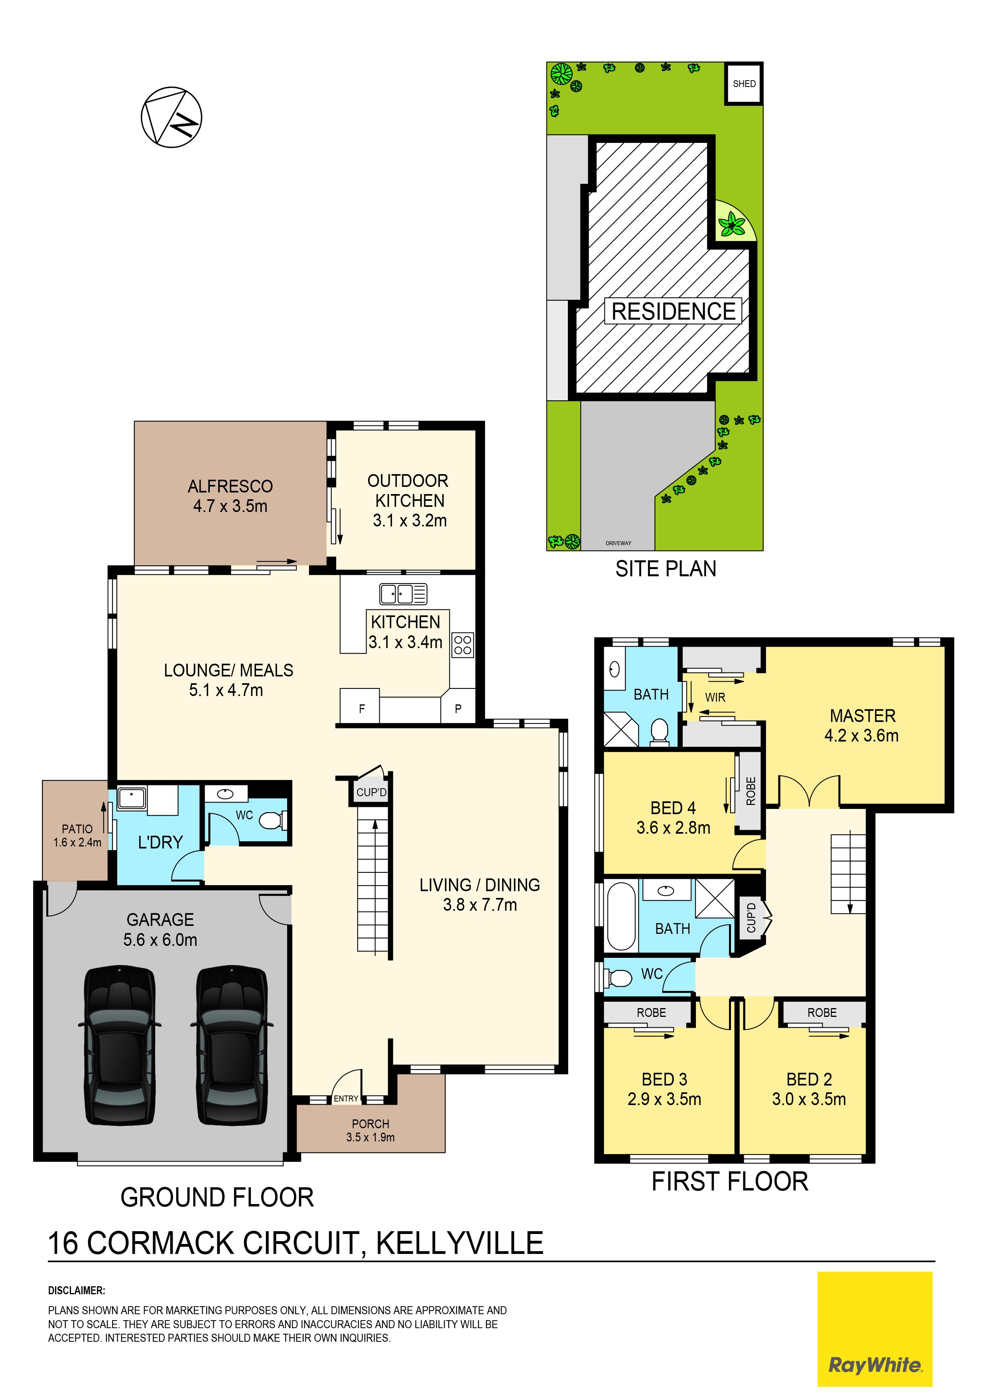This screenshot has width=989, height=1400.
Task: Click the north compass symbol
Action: (171, 117)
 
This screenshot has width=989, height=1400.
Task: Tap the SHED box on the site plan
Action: (744, 83)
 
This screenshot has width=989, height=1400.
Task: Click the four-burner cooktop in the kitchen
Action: (463, 645)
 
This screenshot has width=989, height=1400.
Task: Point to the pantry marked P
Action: (458, 708)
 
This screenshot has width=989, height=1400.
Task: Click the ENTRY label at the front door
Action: (346, 1099)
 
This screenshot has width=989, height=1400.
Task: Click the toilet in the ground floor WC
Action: (274, 821)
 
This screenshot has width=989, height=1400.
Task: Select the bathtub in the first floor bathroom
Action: (621, 916)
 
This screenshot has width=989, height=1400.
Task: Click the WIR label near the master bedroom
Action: (715, 697)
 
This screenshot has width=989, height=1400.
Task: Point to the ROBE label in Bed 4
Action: (751, 791)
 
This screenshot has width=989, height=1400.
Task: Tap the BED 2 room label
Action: (809, 1089)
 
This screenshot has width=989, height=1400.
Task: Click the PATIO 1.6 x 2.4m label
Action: (77, 835)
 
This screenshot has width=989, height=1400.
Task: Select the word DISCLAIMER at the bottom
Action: (77, 1290)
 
